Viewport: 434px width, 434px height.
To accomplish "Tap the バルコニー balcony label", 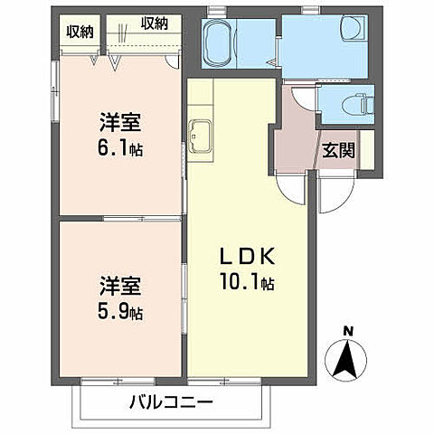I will [x=169, y=401].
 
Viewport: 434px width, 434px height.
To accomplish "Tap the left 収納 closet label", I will [x=80, y=32].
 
